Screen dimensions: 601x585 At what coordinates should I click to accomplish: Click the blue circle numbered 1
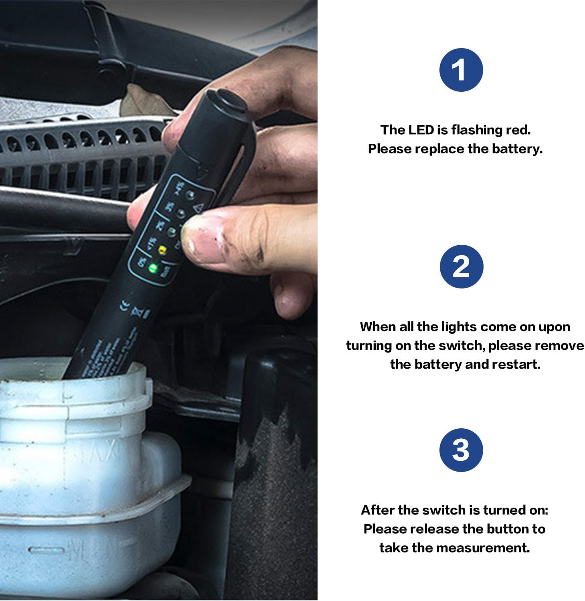[461, 70]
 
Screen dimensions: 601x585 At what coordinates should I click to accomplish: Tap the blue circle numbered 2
[461, 266]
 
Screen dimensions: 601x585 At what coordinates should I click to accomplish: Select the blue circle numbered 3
[461, 450]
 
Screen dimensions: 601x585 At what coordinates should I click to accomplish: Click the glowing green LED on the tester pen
[152, 268]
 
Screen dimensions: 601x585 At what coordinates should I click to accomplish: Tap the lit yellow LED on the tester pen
[162, 251]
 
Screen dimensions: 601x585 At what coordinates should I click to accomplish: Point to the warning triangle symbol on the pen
[196, 208]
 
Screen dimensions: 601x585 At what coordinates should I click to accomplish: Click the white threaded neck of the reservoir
[72, 395]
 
